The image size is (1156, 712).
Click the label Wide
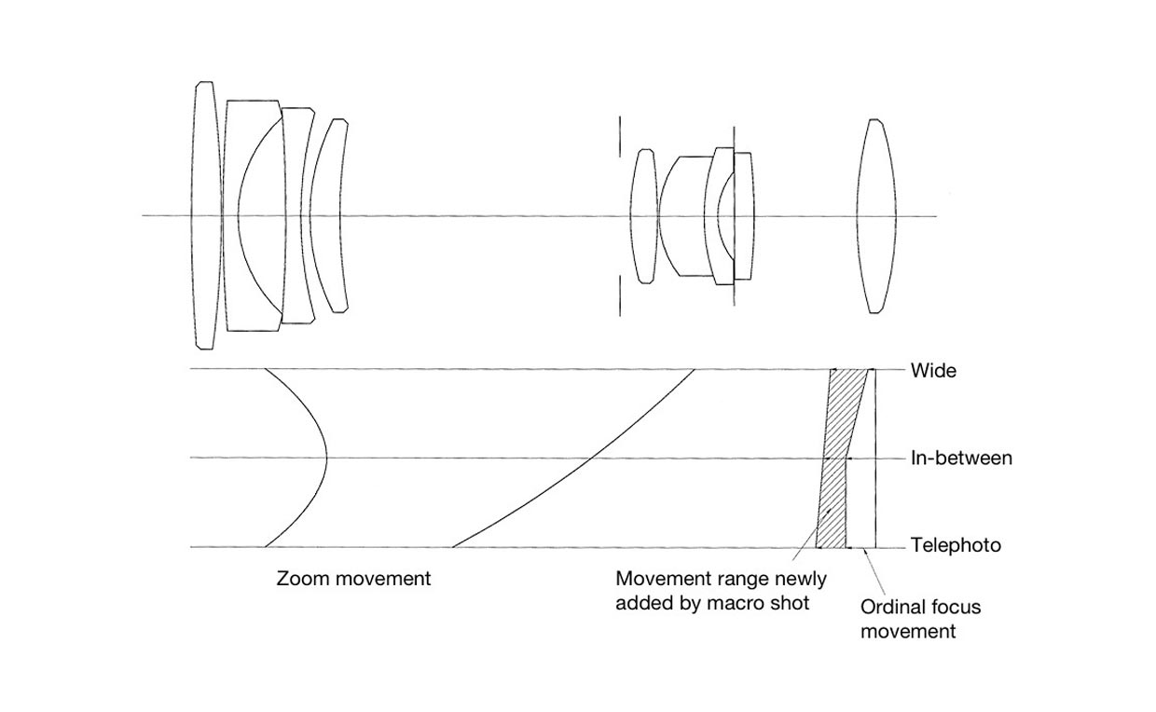point(933,371)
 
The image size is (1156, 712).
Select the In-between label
point(961,459)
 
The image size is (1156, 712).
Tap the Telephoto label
point(956,545)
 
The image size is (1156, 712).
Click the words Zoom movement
point(353,579)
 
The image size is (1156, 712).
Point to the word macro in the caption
point(736,603)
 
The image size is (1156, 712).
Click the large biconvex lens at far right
point(875,216)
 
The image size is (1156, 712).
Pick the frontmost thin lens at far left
point(206,215)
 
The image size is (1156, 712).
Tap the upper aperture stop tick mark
point(620,137)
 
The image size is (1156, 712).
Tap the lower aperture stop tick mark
point(620,295)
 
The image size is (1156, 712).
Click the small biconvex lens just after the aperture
point(644,216)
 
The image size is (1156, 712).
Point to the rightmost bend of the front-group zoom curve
point(326,458)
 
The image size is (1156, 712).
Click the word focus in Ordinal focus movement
point(956,607)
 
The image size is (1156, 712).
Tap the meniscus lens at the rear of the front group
point(329,215)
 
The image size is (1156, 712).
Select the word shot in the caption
point(791,603)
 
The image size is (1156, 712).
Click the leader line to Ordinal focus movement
point(874,573)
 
